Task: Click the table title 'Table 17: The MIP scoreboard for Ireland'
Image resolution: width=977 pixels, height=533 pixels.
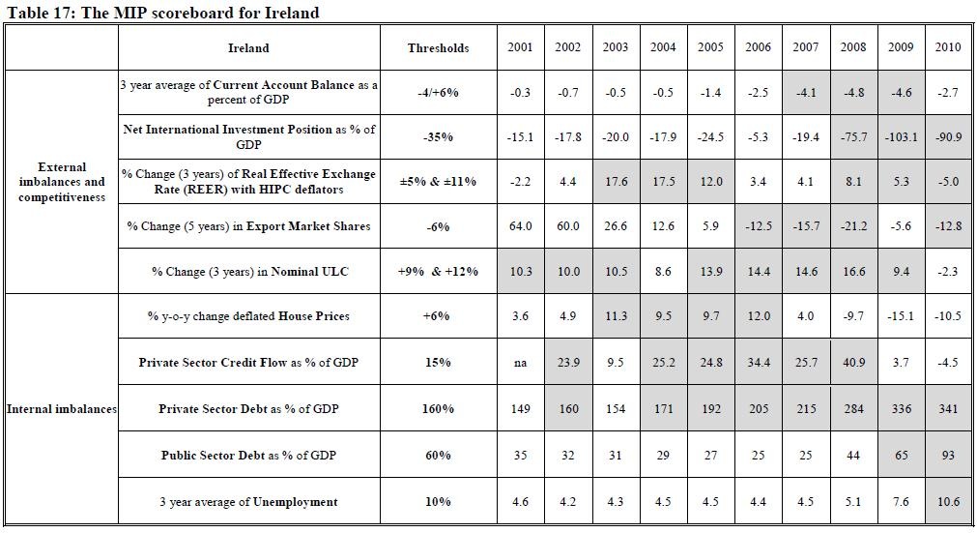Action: [163, 13]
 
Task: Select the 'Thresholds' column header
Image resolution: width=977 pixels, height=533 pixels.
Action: [438, 47]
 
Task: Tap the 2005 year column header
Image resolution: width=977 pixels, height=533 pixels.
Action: [710, 47]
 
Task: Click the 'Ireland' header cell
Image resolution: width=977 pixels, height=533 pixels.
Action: [248, 47]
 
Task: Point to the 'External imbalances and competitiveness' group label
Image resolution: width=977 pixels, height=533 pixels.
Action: [62, 182]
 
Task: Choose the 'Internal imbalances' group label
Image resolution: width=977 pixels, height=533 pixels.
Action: [62, 409]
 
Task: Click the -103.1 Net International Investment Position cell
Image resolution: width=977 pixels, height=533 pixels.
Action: [901, 137]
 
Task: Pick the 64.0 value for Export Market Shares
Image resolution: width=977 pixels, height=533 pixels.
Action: [520, 226]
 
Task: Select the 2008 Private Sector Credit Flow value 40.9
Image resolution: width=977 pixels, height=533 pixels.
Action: [853, 363]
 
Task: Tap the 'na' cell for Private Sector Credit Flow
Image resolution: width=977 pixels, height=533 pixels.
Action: [520, 363]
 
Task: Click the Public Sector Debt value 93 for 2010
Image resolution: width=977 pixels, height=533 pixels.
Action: [948, 456]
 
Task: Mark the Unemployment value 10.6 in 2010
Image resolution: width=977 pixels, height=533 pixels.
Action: [948, 501]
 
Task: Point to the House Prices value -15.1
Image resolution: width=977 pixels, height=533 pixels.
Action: [901, 316]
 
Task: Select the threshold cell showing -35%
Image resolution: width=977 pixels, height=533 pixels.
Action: [438, 137]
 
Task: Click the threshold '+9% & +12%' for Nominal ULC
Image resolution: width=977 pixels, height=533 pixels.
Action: [438, 272]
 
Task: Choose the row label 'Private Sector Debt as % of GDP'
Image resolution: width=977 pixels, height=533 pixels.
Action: [248, 409]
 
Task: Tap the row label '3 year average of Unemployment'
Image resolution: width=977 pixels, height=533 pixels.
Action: [248, 501]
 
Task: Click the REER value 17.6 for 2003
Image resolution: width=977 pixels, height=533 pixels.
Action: [615, 181]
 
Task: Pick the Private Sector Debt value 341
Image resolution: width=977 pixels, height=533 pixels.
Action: [948, 409]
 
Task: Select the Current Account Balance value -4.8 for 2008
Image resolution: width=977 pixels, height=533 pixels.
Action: [853, 93]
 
